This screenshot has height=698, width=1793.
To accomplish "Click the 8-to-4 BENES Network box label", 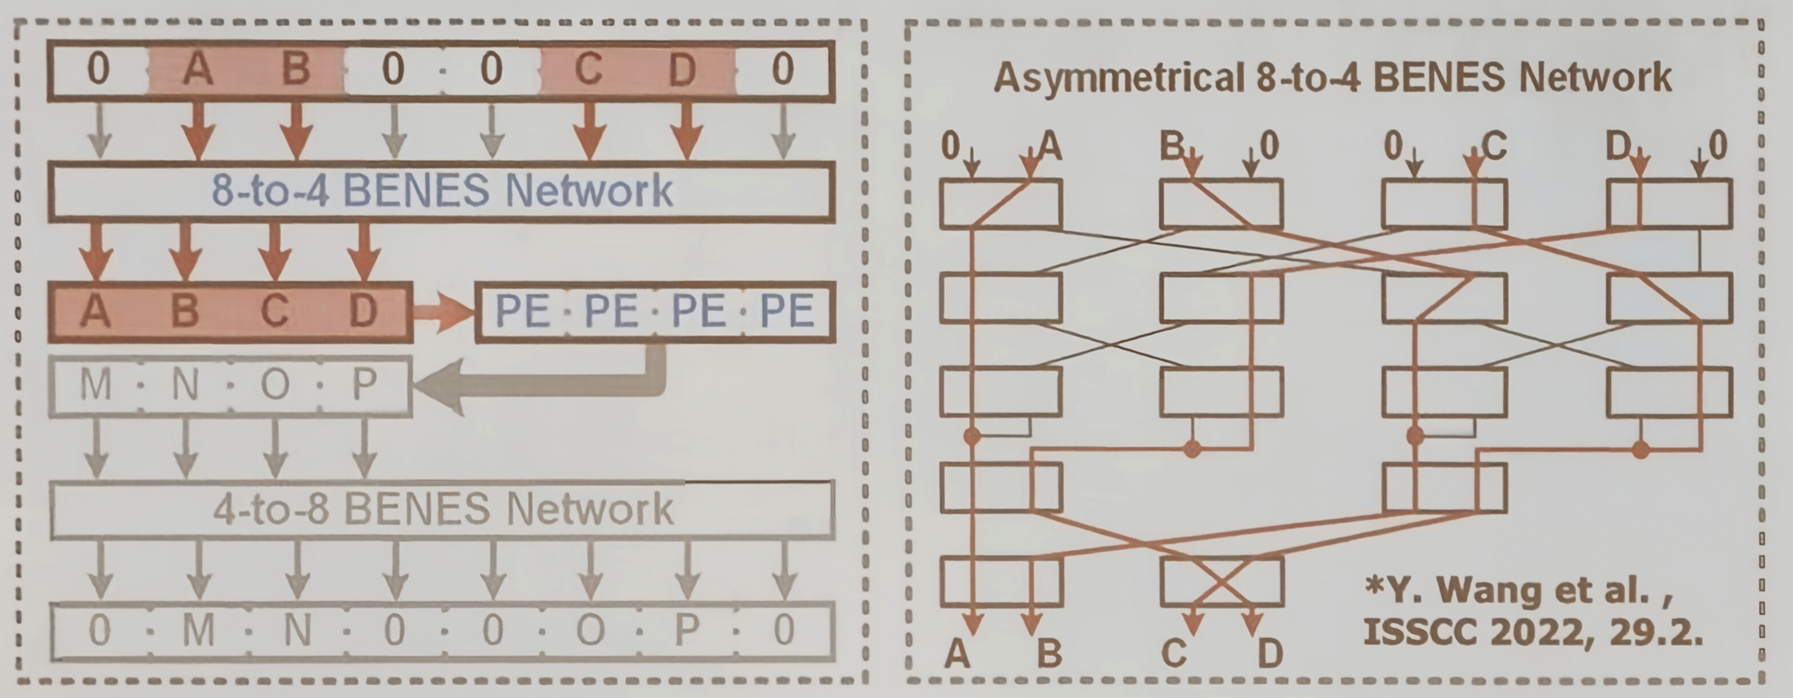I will click(x=442, y=190).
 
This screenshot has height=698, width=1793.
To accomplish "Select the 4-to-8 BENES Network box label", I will click(x=443, y=509).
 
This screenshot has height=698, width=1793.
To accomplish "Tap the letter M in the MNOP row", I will click(x=96, y=384).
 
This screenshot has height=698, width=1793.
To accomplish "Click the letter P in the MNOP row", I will click(x=365, y=384).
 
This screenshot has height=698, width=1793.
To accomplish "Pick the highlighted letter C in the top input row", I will click(x=589, y=70).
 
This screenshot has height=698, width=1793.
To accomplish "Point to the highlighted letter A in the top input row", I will click(x=198, y=70).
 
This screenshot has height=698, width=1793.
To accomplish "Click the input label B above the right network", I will click(x=1172, y=146).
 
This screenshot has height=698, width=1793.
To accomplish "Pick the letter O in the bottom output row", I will click(x=590, y=630).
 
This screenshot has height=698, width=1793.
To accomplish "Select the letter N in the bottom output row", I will click(x=298, y=630).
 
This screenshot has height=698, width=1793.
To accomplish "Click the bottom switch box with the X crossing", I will click(x=1222, y=581).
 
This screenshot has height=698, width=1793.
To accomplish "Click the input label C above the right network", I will click(x=1494, y=146).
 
